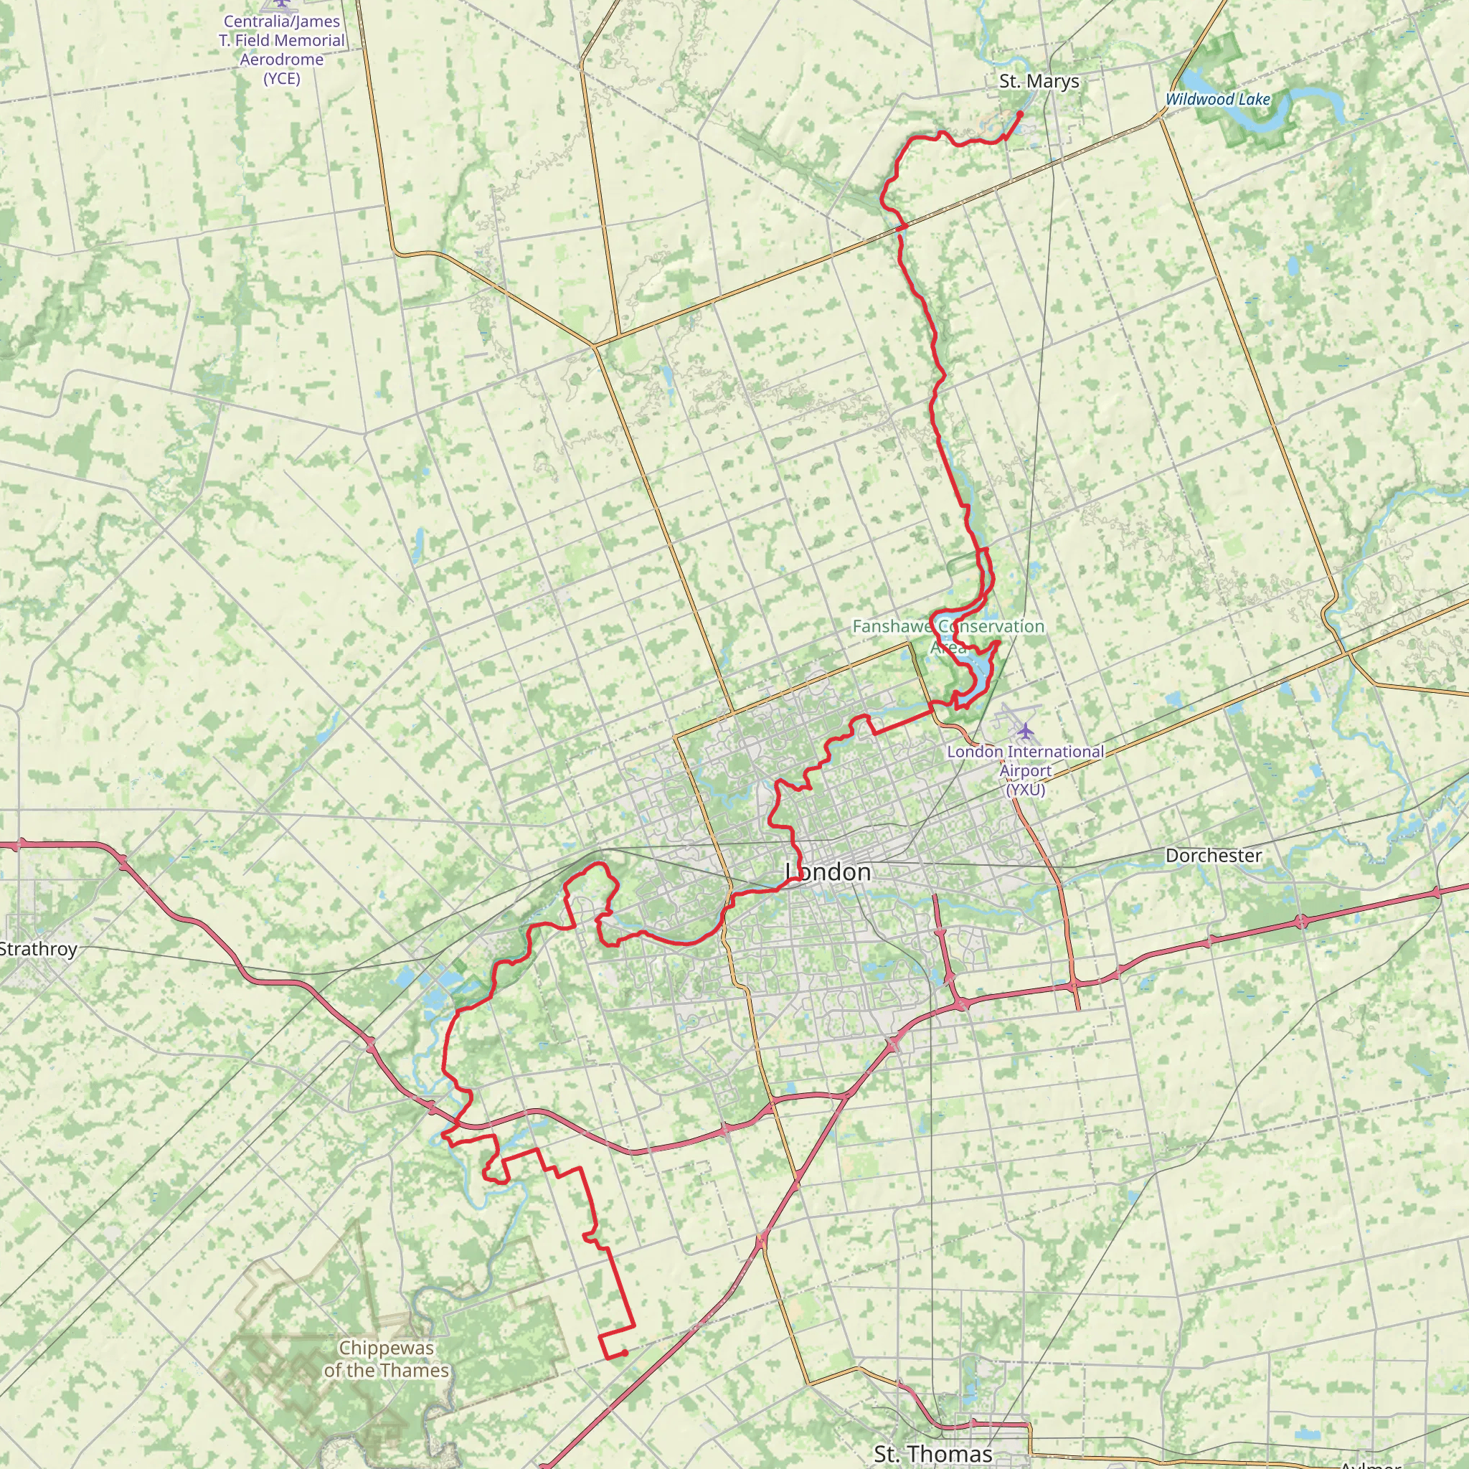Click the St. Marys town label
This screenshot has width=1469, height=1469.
click(x=1039, y=81)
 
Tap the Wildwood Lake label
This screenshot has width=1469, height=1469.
click(x=1217, y=100)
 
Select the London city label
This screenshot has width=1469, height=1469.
click(x=828, y=872)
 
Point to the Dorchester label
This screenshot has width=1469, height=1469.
click(x=1214, y=856)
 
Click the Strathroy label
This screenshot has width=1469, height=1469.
click(x=38, y=949)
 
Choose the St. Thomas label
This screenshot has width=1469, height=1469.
click(x=933, y=1454)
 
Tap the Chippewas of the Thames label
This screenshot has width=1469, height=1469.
click(x=387, y=1359)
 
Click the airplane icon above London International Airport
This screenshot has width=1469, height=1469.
click(x=1026, y=732)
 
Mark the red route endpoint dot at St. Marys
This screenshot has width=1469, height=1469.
click(x=1020, y=114)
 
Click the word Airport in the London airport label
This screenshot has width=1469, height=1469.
click(x=1025, y=771)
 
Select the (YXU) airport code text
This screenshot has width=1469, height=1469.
click(x=1025, y=790)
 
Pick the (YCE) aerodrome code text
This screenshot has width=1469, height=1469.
click(x=281, y=78)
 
